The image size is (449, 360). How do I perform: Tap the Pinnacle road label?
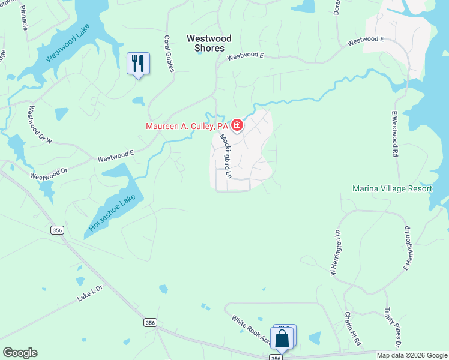(25, 19)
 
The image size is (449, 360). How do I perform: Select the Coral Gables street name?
(169, 53)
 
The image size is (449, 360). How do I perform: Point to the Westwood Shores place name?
(205, 43)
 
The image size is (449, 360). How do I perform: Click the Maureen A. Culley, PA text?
(187, 126)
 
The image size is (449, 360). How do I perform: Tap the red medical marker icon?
(237, 125)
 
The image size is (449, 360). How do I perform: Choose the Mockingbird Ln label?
(226, 157)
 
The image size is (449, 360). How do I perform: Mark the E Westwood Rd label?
(396, 134)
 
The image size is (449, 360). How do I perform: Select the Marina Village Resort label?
(392, 188)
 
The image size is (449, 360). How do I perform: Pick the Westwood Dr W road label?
(41, 124)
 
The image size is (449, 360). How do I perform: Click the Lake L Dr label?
(90, 292)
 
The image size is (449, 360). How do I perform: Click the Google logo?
(20, 353)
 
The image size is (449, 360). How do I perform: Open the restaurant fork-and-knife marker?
(139, 62)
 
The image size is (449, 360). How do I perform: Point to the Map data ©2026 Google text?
(412, 355)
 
